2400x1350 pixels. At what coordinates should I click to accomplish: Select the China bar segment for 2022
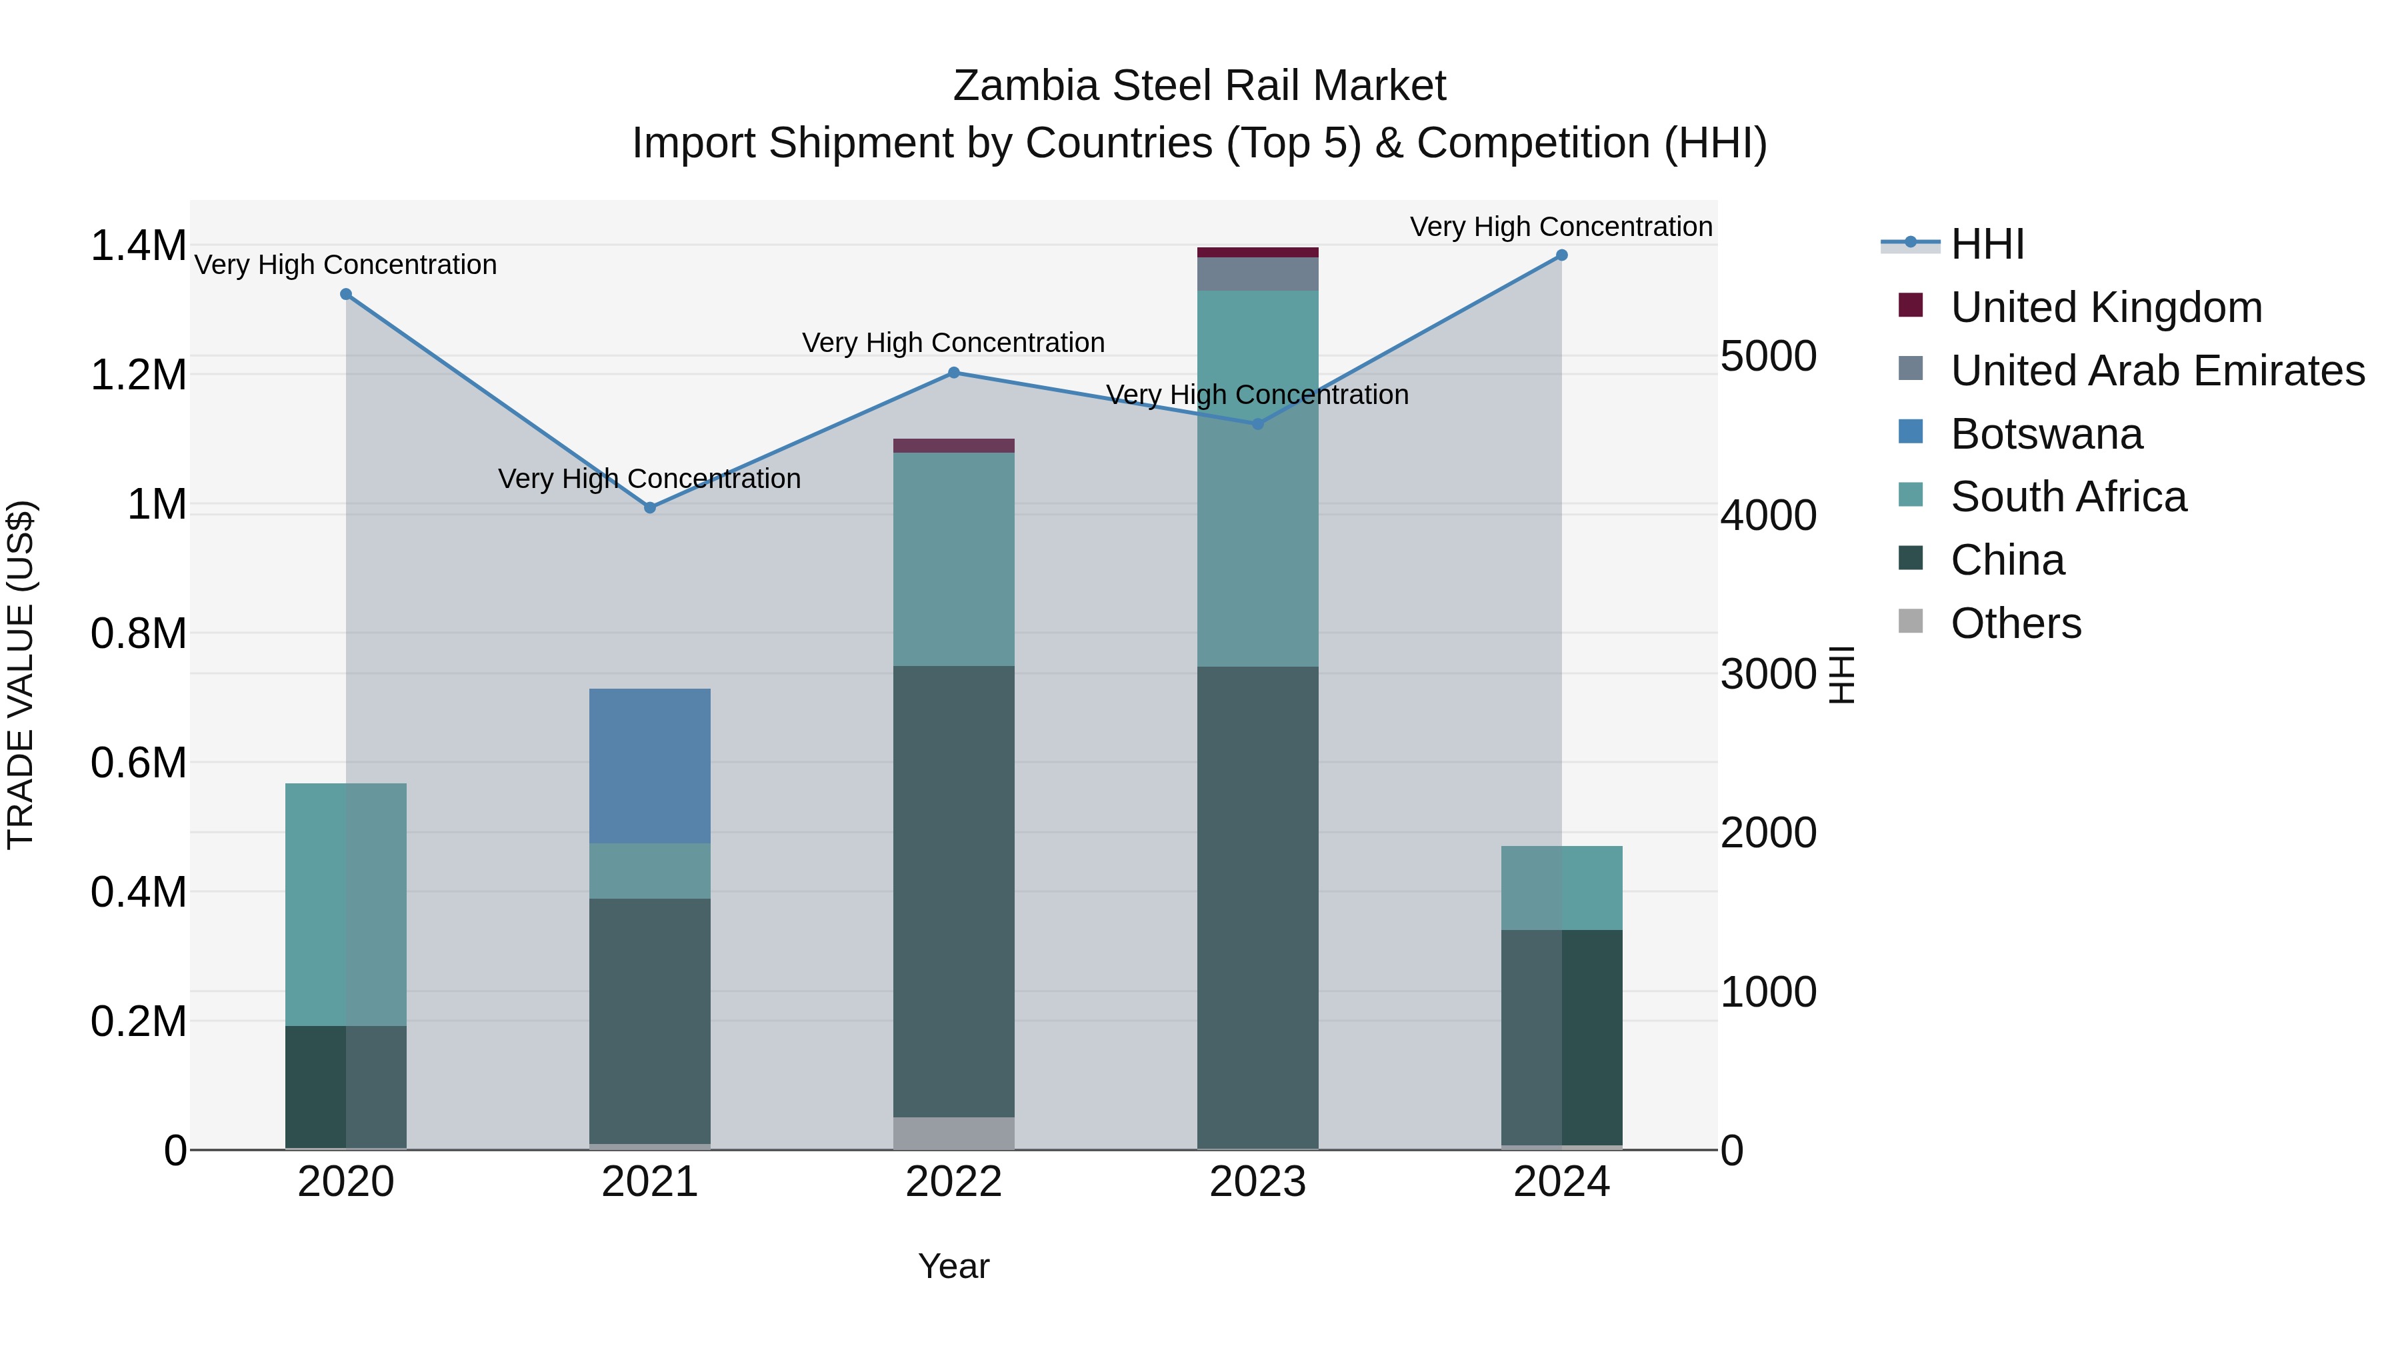[953, 890]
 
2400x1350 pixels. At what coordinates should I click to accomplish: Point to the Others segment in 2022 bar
[953, 1132]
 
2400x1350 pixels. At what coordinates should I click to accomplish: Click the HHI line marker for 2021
[650, 508]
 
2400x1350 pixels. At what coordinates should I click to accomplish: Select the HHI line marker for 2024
[1561, 255]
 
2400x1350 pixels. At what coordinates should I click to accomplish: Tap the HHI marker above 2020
[345, 295]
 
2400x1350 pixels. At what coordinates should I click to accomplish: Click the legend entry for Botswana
[2046, 434]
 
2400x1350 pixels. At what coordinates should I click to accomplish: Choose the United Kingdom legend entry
[2105, 307]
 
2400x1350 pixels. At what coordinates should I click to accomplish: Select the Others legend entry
[2015, 623]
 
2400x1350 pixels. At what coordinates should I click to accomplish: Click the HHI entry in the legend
[1987, 244]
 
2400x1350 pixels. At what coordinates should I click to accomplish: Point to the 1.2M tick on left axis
[138, 375]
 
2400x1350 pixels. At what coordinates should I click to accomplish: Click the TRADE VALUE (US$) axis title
[21, 675]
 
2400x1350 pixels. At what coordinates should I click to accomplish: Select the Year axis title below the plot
[953, 1266]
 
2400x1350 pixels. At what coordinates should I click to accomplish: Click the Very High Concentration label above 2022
[953, 343]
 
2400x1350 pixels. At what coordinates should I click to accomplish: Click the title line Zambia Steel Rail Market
[1199, 86]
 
